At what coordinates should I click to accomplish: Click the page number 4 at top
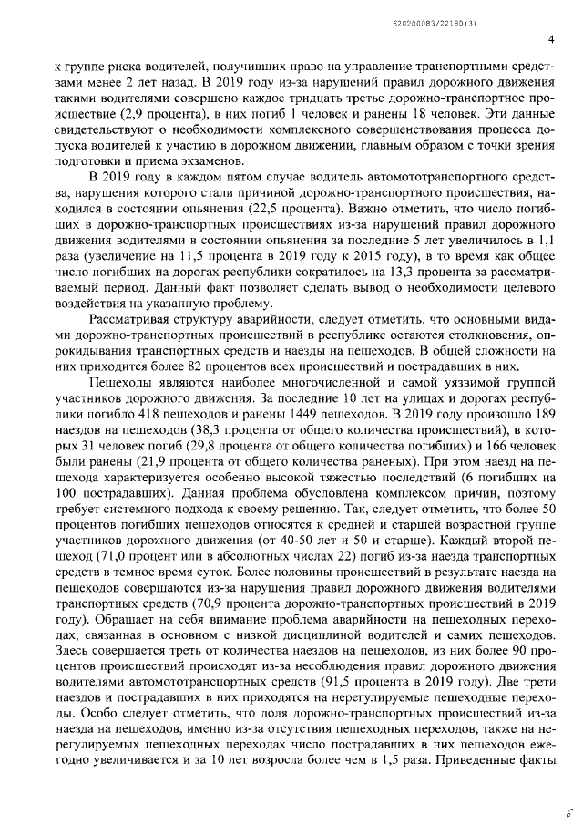pyautogui.click(x=552, y=39)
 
